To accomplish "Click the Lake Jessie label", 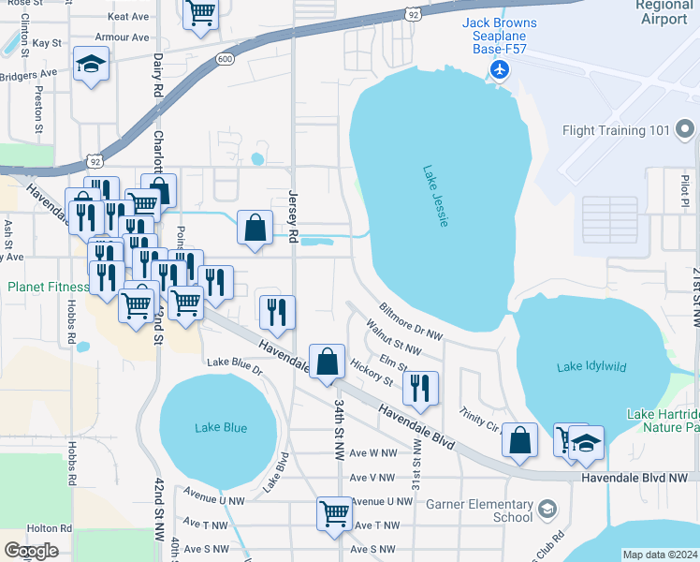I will pos(436,196).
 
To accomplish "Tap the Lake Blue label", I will pos(221,427).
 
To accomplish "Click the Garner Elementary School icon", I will pos(547,509).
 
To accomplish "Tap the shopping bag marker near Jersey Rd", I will pos(255,227).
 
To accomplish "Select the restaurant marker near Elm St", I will pos(420,387).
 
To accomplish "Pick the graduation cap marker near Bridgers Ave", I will pos(91,64).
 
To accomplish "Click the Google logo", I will pos(31,550).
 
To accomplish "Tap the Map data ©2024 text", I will pos(660,555).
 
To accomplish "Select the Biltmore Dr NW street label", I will pos(410,321).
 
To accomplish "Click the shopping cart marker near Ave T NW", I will pos(334,512).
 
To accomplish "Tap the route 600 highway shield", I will pos(224,59).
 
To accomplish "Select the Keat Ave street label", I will pos(129,17).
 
